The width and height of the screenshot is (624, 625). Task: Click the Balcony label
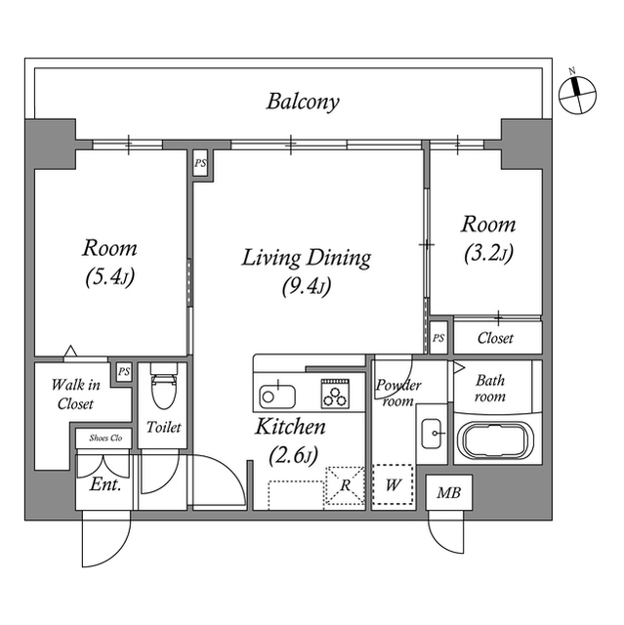click(x=303, y=102)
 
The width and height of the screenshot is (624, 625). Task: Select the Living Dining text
click(x=306, y=258)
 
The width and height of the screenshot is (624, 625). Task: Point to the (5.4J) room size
click(x=109, y=277)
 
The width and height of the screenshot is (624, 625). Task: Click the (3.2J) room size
click(x=487, y=254)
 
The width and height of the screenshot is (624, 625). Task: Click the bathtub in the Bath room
click(x=496, y=441)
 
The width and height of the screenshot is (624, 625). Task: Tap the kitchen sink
click(x=278, y=396)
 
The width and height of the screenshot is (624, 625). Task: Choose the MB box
click(x=449, y=493)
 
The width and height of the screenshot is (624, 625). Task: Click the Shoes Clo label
click(x=104, y=437)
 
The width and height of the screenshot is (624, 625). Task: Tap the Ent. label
click(x=104, y=484)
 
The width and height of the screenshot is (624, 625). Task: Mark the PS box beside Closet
click(x=438, y=338)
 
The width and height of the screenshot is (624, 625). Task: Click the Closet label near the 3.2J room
click(x=495, y=338)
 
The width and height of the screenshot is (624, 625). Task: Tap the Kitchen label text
click(x=290, y=427)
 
